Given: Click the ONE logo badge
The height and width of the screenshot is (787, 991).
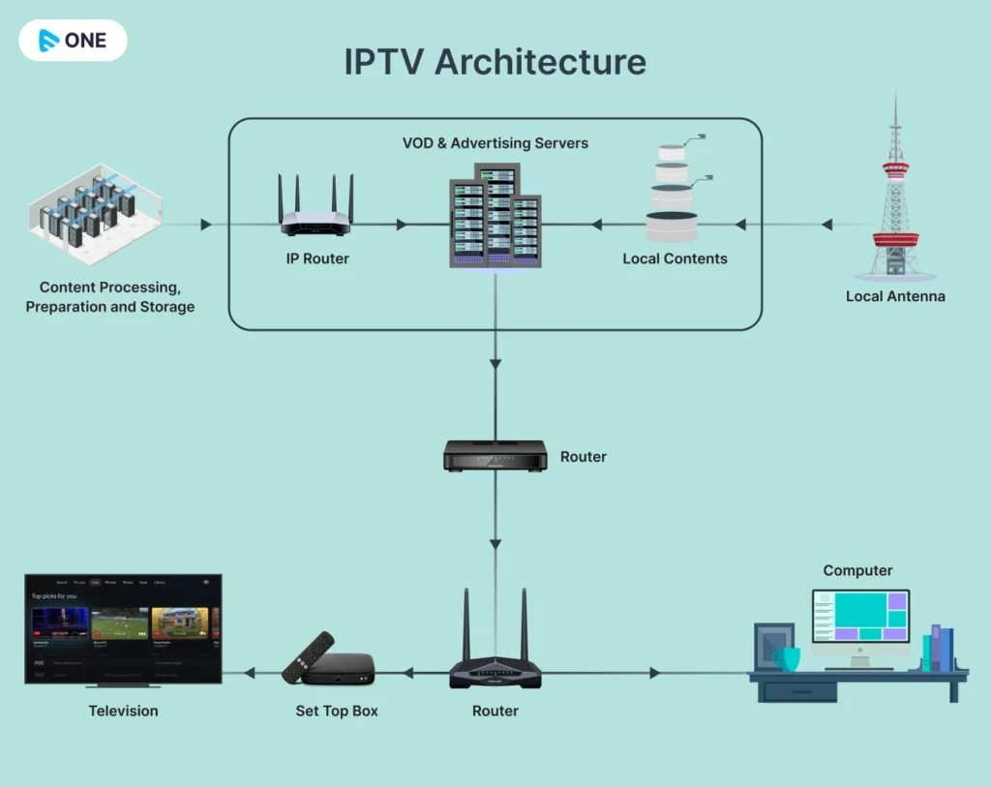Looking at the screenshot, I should (73, 41).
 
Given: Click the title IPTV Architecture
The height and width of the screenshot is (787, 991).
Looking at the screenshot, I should (495, 62).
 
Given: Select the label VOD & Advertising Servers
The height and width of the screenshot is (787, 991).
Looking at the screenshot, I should (495, 143).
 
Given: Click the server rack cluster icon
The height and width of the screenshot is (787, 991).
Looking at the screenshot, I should (495, 217).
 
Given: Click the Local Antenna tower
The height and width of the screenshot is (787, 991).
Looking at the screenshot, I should (895, 194).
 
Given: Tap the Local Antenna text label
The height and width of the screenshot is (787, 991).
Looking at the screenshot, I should (895, 296).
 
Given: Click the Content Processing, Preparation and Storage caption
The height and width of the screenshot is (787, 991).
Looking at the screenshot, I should (109, 297).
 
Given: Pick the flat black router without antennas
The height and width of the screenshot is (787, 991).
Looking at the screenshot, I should (495, 455).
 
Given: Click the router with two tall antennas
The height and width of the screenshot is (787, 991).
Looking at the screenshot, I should (495, 658).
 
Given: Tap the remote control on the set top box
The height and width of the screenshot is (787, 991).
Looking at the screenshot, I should (308, 656).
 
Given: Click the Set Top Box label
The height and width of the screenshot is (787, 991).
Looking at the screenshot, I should (337, 711).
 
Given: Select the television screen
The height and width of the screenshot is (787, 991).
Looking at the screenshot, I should (123, 629).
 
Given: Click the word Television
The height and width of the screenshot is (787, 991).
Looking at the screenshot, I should (123, 711).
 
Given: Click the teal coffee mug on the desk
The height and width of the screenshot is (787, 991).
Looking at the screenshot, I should (787, 659).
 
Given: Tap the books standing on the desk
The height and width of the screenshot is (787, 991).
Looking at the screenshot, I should (937, 649).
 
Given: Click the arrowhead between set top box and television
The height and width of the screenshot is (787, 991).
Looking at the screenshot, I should (250, 673).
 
